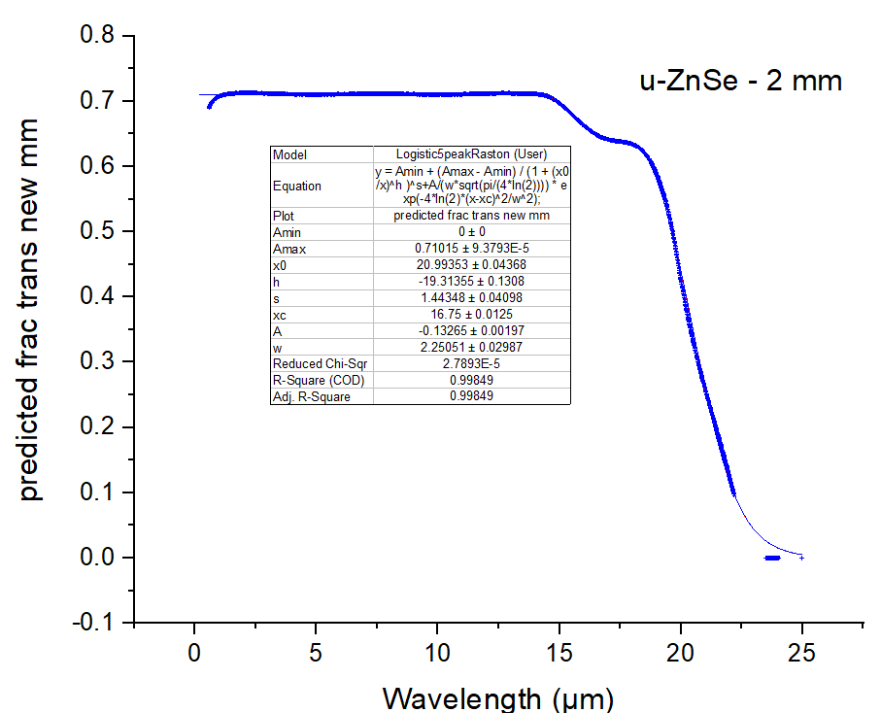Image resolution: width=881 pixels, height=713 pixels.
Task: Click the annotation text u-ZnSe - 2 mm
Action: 740,81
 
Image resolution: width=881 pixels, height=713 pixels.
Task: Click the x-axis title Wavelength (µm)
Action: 497,696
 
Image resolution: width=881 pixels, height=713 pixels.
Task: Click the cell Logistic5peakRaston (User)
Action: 471,154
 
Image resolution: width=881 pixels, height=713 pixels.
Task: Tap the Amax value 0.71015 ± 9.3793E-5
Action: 471,249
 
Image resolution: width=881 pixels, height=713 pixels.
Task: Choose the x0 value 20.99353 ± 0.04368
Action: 471,265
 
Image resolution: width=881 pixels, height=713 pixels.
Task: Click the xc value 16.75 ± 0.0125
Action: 471,315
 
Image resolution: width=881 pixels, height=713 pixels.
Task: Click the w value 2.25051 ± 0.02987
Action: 471,348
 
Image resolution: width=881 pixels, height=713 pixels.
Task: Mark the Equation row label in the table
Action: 297,185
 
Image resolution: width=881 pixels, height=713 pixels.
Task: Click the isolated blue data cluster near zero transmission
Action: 772,558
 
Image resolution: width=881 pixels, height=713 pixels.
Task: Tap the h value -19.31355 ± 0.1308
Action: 471,282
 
